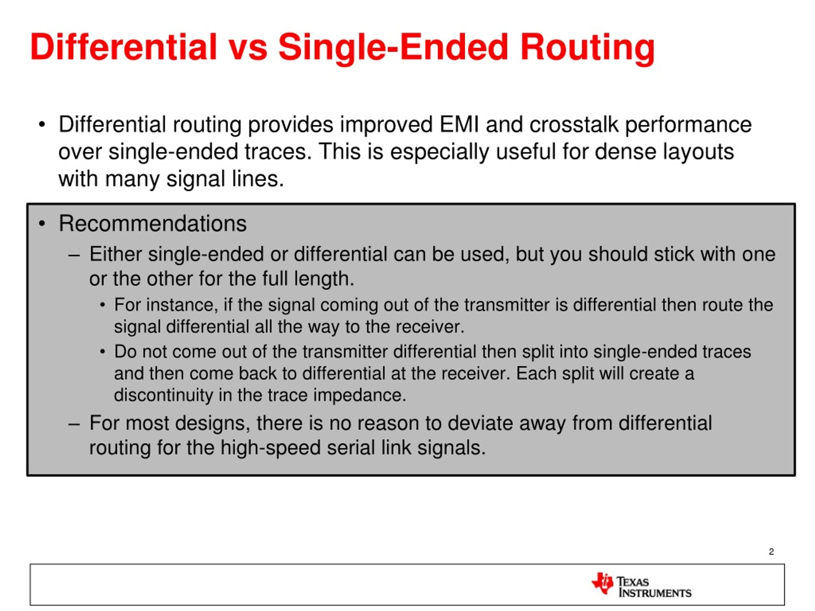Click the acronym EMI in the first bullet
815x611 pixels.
click(459, 124)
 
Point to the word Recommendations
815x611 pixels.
click(152, 223)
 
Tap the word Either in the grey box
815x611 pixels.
click(115, 254)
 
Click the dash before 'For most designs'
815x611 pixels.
click(74, 424)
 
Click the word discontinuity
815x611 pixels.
click(163, 395)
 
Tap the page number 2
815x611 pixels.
click(771, 551)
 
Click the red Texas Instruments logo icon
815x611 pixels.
click(602, 583)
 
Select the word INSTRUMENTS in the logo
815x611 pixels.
click(655, 593)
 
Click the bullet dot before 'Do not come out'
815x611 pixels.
click(103, 352)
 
